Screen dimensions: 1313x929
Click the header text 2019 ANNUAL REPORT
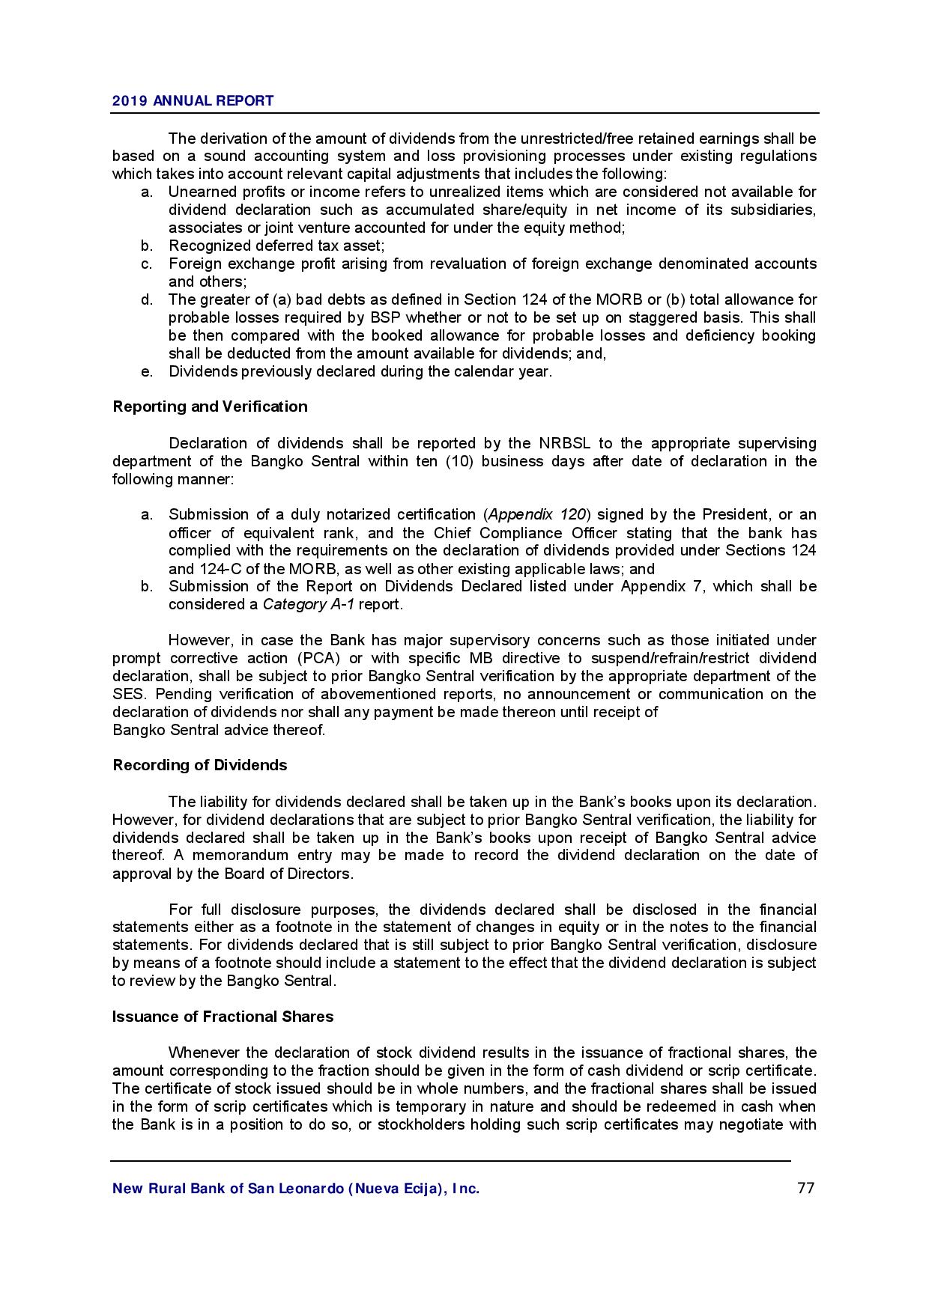click(193, 101)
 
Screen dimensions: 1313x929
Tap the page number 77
click(805, 1188)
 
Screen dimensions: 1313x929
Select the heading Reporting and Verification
click(210, 406)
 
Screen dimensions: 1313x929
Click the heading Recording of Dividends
click(199, 765)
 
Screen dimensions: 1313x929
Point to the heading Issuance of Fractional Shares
click(223, 1017)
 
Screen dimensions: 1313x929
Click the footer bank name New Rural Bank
click(295, 1189)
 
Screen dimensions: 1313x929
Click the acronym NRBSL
click(560, 443)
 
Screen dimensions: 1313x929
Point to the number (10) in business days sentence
click(459, 461)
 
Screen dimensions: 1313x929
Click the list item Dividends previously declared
click(360, 371)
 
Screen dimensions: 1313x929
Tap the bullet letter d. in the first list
click(147, 299)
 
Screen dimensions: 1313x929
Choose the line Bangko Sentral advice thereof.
click(219, 730)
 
